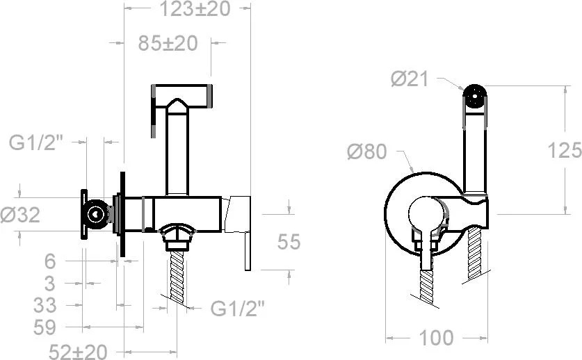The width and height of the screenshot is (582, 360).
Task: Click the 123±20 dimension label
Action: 195,9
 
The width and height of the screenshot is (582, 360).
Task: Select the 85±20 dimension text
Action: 168,43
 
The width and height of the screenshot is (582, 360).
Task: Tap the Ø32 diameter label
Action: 20,215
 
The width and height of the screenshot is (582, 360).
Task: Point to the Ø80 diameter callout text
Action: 366,152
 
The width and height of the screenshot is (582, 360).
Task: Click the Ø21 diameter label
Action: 410,79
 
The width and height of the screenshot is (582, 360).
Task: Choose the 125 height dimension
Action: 565,150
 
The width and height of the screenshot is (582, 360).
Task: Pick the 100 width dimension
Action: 436,338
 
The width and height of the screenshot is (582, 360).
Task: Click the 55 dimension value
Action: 289,242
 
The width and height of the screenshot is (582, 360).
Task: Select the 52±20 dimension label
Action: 78,352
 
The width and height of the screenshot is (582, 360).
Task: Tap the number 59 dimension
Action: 45,327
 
